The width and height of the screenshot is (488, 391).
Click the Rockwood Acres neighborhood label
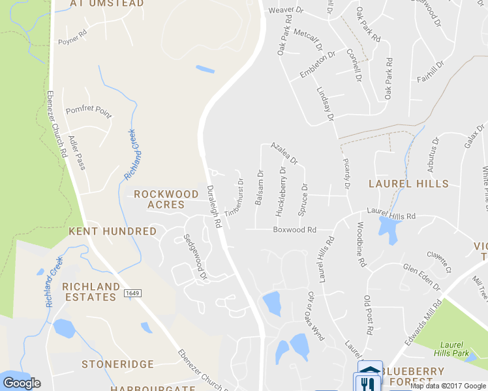[x=166, y=199]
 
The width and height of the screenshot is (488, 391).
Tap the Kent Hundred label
[x=113, y=231]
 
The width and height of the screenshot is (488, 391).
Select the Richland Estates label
[x=91, y=292]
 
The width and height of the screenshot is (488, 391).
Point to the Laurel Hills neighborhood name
[x=408, y=184]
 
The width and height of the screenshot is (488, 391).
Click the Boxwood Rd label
[x=294, y=229]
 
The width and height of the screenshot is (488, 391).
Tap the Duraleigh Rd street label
[x=214, y=205]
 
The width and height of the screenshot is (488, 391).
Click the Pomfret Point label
[x=89, y=109]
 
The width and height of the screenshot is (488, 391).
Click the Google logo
[x=22, y=383]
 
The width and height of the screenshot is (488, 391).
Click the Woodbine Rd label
[x=361, y=245]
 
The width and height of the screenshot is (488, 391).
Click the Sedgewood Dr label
[x=194, y=257]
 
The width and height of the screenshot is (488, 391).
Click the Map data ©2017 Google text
[x=448, y=386]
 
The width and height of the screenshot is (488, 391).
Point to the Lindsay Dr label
[x=325, y=104]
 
